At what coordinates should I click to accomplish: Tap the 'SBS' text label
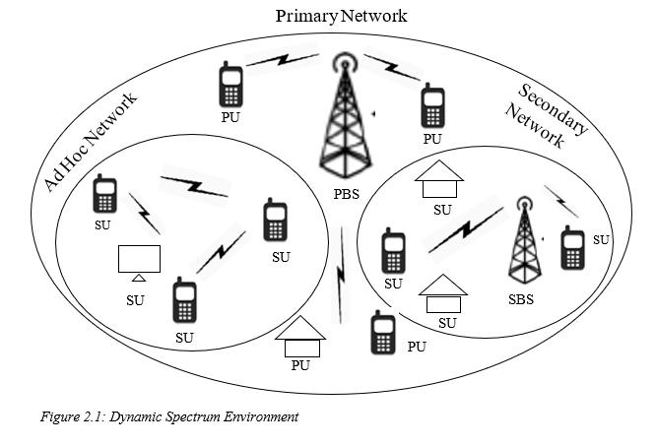tap(520, 299)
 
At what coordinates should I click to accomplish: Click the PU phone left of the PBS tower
tap(231, 88)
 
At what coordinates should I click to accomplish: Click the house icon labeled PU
tap(301, 338)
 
